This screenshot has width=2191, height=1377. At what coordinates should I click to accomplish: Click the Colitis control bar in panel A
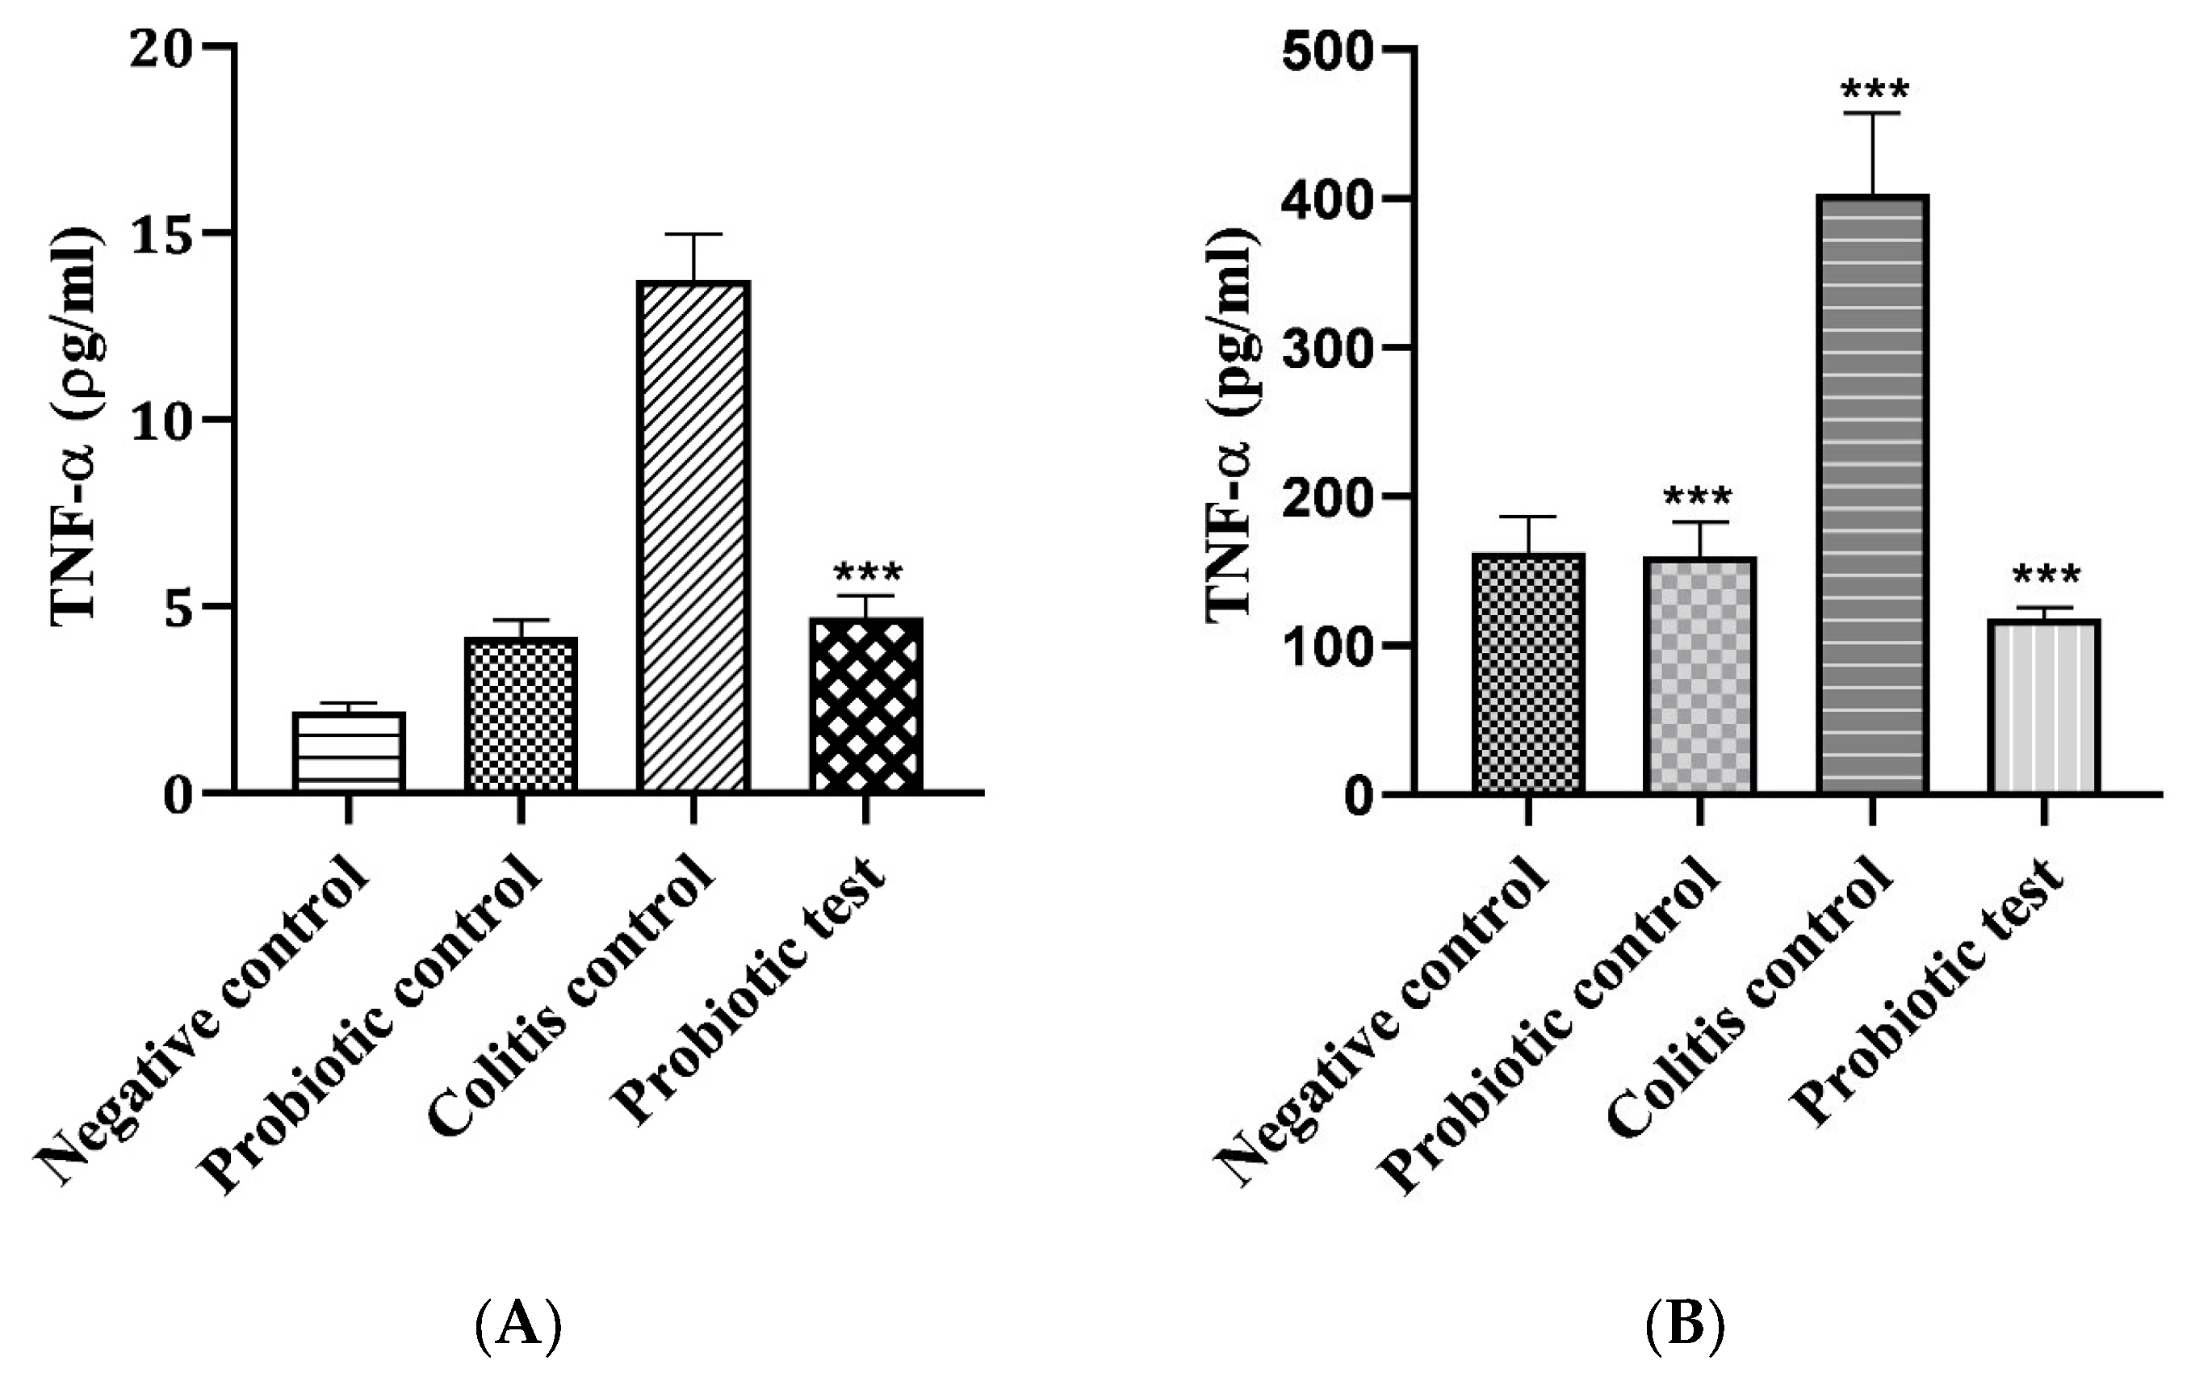pos(693,537)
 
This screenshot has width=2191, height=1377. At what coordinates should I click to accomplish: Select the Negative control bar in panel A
pos(349,752)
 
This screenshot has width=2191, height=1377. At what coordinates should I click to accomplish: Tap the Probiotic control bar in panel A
pos(521,715)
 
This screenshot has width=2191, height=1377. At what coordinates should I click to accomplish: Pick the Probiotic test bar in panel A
pos(865,705)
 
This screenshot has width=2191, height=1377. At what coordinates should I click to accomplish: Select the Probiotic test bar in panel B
pos(2043,707)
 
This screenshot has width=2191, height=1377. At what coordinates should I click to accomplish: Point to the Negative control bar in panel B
pos(1527,674)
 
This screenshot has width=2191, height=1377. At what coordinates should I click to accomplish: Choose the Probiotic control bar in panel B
pos(1699,676)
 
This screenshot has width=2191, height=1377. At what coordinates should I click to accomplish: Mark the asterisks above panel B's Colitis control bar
pos(1874,92)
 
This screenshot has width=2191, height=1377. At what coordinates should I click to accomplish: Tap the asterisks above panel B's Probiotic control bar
pos(1699,498)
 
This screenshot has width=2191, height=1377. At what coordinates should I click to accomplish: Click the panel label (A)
pos(518,1325)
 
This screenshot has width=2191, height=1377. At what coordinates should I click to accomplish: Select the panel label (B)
pos(1686,1325)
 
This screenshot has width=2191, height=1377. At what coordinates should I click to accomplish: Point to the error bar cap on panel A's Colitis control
pos(693,235)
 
